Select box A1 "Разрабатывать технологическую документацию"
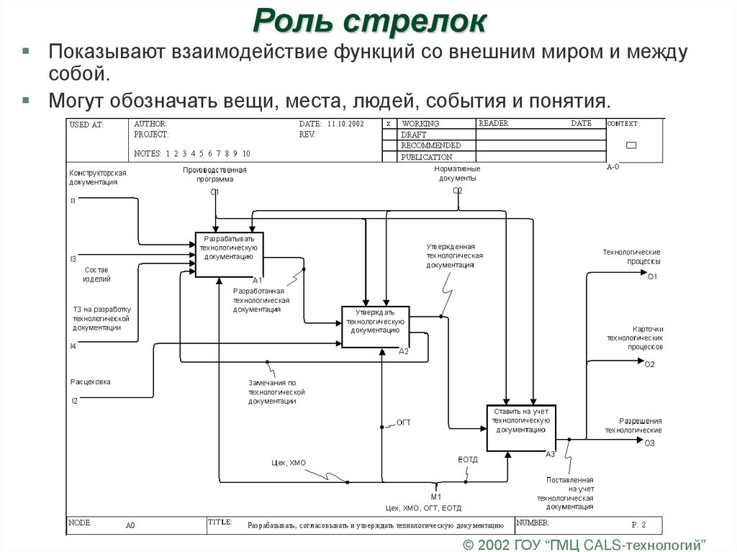[229, 253]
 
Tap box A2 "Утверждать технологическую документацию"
[375, 326]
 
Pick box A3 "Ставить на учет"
[521, 427]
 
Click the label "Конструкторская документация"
[99, 178]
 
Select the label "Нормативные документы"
[457, 173]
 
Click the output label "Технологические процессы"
[631, 256]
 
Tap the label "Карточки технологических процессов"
[634, 337]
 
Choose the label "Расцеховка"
[90, 382]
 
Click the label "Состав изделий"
[96, 274]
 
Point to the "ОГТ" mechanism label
[403, 422]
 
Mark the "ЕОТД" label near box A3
[468, 459]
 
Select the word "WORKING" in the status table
[420, 124]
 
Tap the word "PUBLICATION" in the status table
[427, 157]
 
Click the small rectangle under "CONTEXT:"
[631, 145]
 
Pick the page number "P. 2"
[638, 524]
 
